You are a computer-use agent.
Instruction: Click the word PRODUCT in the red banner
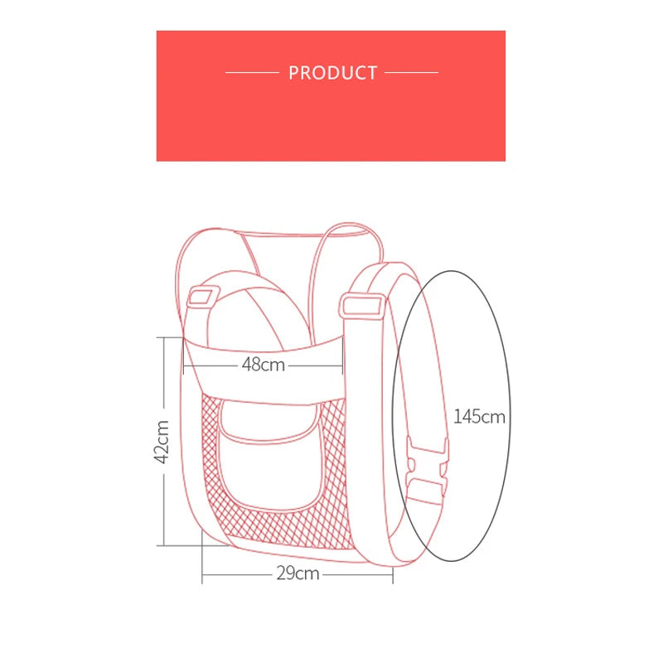[x=333, y=73]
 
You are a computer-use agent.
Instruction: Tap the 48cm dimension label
[x=264, y=365]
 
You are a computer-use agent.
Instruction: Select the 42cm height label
[x=162, y=442]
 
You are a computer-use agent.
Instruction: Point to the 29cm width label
[x=298, y=573]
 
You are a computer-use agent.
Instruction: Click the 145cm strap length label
[x=479, y=417]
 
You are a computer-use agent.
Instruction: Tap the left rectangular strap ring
[x=203, y=297]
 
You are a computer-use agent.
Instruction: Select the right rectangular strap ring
[x=362, y=306]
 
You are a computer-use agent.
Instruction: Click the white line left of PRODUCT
[x=252, y=72]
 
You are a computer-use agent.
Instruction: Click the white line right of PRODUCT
[x=411, y=72]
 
